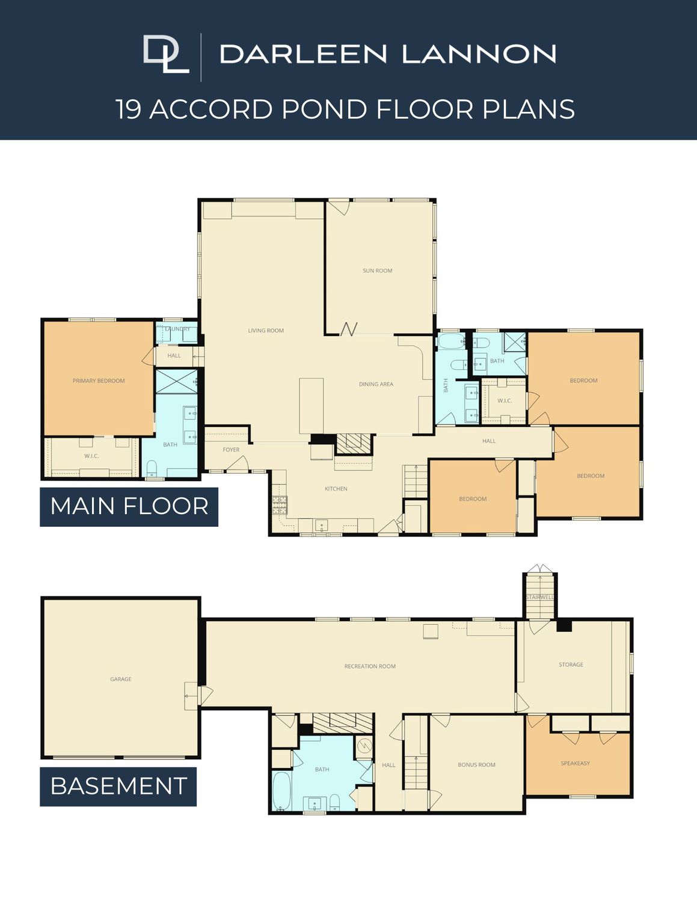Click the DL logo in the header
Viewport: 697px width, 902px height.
point(166,54)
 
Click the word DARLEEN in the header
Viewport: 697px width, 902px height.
point(303,54)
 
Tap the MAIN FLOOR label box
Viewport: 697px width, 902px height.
point(129,507)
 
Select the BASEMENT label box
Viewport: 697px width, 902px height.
point(118,786)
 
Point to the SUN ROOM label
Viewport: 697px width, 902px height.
point(377,271)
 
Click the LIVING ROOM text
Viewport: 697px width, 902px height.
point(266,330)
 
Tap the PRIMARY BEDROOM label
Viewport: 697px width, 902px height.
point(99,381)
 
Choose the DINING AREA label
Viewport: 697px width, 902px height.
point(376,384)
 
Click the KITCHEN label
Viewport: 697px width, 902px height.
point(336,488)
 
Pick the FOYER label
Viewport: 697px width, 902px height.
point(231,450)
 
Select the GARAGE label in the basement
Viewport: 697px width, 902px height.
point(121,679)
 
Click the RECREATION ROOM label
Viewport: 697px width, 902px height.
point(370,666)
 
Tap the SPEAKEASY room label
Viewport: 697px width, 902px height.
point(576,763)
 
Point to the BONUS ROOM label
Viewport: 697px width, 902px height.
point(476,765)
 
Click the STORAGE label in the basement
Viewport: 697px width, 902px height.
point(571,664)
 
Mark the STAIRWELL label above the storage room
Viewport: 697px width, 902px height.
point(540,597)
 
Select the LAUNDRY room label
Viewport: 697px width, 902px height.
point(177,329)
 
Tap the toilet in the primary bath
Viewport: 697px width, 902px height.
point(152,468)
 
